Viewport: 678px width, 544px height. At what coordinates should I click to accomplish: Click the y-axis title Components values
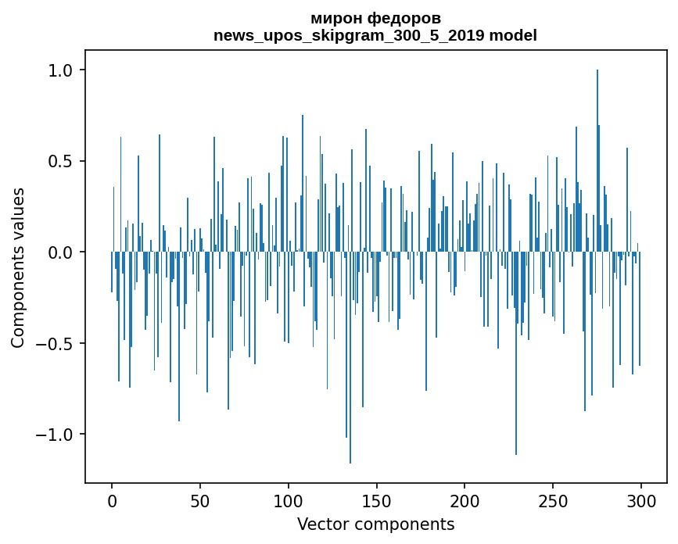tap(18, 267)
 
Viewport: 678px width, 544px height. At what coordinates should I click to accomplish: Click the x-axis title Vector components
tap(375, 524)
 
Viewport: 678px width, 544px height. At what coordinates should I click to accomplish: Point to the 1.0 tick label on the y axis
tap(59, 70)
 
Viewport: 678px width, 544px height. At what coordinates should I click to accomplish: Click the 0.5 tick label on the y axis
tap(59, 161)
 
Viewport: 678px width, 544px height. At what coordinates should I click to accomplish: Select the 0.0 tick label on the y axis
tap(59, 252)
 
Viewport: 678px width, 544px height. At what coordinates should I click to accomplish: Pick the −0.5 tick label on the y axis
tap(54, 343)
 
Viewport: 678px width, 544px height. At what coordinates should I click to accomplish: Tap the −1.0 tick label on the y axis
tap(54, 435)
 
